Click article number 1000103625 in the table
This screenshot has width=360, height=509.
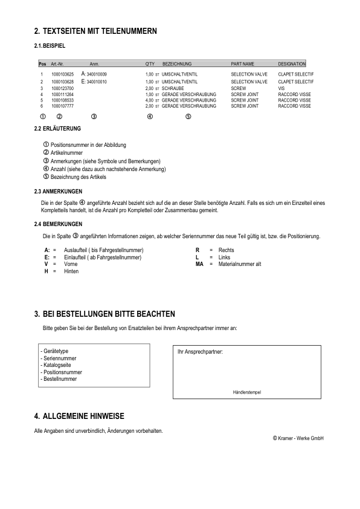pos(63,74)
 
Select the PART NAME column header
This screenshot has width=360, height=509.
pos(243,63)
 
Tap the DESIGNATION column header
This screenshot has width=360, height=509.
pos(292,63)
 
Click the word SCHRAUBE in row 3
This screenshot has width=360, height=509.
pos(173,88)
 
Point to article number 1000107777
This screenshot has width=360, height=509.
pos(63,106)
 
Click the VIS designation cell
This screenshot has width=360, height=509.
pos(281,88)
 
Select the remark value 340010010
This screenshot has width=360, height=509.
pos(97,82)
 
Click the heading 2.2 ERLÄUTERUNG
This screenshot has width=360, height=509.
pos(57,129)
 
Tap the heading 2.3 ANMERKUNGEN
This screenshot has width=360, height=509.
pos(59,192)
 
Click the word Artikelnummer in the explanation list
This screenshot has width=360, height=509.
pos(67,154)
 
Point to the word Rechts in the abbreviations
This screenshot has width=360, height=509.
pos(226,250)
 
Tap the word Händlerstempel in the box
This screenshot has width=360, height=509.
pos(247,392)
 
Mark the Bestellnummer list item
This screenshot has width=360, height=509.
pos(59,379)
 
